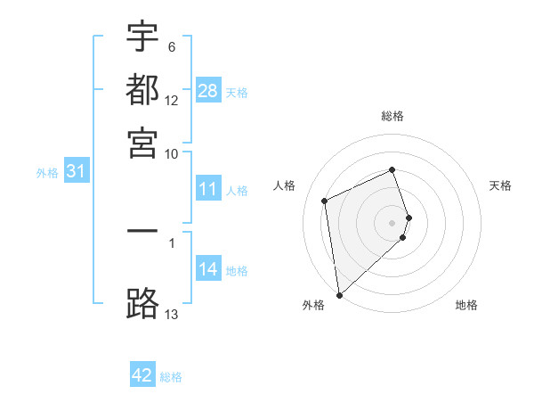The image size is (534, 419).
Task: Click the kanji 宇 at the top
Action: [x=142, y=36]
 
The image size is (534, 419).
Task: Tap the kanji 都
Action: [x=142, y=89]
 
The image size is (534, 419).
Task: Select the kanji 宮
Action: [x=142, y=143]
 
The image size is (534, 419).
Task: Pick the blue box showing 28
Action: [x=207, y=90]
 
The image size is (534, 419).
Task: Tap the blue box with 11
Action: [x=207, y=189]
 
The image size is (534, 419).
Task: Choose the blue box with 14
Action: [x=207, y=269]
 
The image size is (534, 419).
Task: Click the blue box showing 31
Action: [x=76, y=171]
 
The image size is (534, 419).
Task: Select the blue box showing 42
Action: [x=142, y=375]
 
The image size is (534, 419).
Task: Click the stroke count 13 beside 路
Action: [x=172, y=314]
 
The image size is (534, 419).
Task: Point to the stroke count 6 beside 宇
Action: [x=172, y=46]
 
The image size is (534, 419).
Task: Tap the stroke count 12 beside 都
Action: [x=172, y=100]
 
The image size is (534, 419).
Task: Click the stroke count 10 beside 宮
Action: [x=172, y=153]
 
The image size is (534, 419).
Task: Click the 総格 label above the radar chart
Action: [x=392, y=116]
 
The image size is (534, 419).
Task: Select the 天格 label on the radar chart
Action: [x=500, y=185]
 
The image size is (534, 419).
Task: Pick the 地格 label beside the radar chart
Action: [x=466, y=305]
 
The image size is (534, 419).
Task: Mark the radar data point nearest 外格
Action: [x=339, y=294]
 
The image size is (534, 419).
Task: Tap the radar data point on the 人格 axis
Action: [x=325, y=201]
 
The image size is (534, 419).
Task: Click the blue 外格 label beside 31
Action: [x=47, y=173]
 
